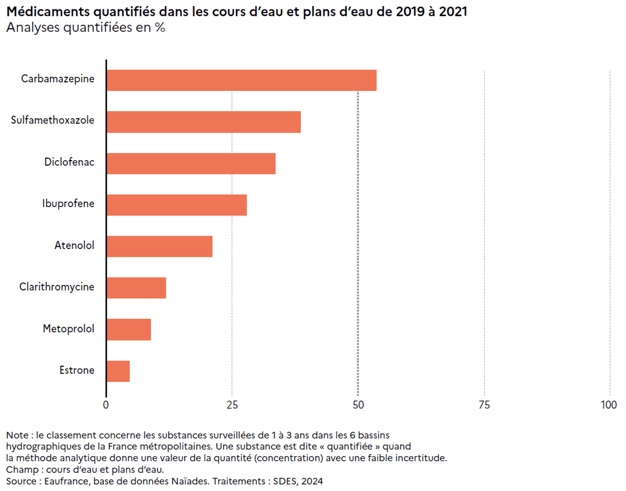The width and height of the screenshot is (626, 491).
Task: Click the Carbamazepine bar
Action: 241,80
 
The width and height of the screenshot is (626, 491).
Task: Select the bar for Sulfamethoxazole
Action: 203,122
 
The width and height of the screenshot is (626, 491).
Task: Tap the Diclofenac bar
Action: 191,163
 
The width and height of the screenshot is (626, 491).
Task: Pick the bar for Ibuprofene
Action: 176,205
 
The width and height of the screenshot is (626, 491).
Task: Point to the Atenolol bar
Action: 159,246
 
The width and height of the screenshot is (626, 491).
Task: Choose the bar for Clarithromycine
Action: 136,288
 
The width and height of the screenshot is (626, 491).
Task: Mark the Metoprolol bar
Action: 128,329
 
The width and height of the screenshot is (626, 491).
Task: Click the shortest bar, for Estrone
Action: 118,371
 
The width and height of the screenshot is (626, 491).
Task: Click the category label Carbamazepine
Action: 58,79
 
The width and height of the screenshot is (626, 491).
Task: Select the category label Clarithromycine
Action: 57,287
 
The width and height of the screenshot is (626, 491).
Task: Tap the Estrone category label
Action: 77,370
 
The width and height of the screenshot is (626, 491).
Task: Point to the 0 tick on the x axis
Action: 106,405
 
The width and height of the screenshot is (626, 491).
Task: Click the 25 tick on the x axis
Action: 232,405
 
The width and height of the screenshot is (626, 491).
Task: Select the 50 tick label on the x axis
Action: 358,405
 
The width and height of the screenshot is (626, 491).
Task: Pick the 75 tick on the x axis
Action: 484,405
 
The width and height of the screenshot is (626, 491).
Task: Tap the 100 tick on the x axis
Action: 609,405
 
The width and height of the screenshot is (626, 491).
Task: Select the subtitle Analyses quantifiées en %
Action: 86,28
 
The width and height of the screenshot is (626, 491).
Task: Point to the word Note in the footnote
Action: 17,435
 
